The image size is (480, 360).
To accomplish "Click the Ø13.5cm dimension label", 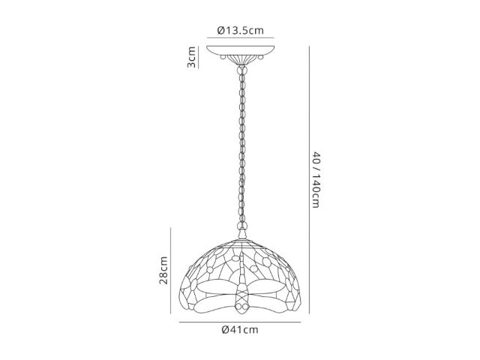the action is (240, 30).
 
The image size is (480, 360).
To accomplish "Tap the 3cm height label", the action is (191, 57).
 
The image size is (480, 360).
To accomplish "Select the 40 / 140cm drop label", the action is (316, 180).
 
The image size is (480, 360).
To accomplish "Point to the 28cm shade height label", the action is (163, 270).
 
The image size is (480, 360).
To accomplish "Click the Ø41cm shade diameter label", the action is (240, 330).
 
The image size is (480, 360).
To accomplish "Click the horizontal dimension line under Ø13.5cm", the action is (240, 38).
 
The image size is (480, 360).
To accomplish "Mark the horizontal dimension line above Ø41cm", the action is (240, 322).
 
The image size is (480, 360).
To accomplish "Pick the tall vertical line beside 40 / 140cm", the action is (309, 180).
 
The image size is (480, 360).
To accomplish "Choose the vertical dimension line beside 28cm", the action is (170, 271).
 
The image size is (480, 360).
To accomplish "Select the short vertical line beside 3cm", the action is (198, 57).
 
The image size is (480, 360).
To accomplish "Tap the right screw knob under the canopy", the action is (260, 57).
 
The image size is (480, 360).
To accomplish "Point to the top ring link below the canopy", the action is (242, 71).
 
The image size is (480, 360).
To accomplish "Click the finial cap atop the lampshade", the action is (242, 235).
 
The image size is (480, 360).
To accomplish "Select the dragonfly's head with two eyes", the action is (241, 307).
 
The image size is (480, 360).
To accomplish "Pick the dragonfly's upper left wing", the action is (217, 286).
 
